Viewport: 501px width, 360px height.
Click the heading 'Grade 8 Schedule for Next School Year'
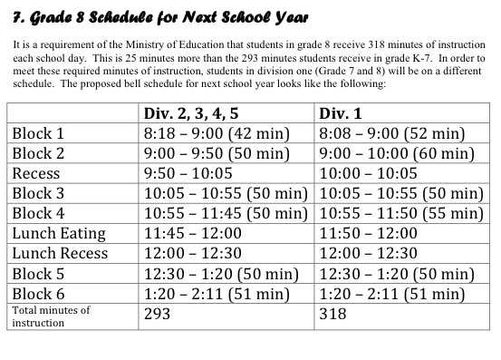(x=159, y=17)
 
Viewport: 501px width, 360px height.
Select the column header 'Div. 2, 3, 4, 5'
(x=198, y=114)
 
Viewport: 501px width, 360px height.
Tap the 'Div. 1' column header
(x=342, y=114)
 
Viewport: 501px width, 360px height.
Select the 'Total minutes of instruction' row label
(x=51, y=316)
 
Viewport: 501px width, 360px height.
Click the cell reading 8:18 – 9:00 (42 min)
(x=217, y=134)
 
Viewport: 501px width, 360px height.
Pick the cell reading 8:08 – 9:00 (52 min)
(x=390, y=134)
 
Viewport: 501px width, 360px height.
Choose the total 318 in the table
(x=332, y=314)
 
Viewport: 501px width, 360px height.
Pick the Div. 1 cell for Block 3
(x=399, y=193)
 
